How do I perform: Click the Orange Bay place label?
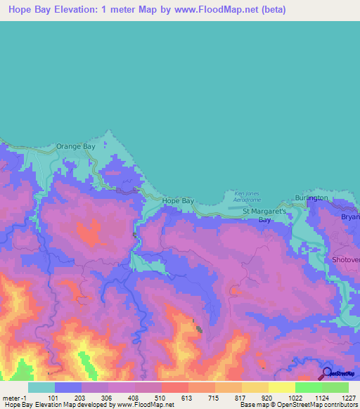75,146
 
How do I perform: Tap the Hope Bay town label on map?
178,201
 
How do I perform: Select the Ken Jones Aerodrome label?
247,196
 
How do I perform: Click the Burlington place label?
311,198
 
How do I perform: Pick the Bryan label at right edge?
350,217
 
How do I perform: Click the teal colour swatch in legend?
41,387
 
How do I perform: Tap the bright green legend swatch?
308,387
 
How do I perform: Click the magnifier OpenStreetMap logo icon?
327,373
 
